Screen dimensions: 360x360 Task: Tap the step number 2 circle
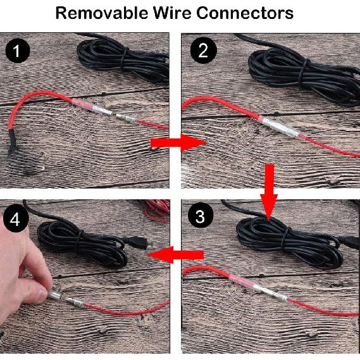click(x=202, y=51)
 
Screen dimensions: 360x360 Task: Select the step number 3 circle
click(x=201, y=218)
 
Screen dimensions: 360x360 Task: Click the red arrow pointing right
click(x=175, y=143)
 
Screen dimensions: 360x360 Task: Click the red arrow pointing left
click(x=177, y=254)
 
